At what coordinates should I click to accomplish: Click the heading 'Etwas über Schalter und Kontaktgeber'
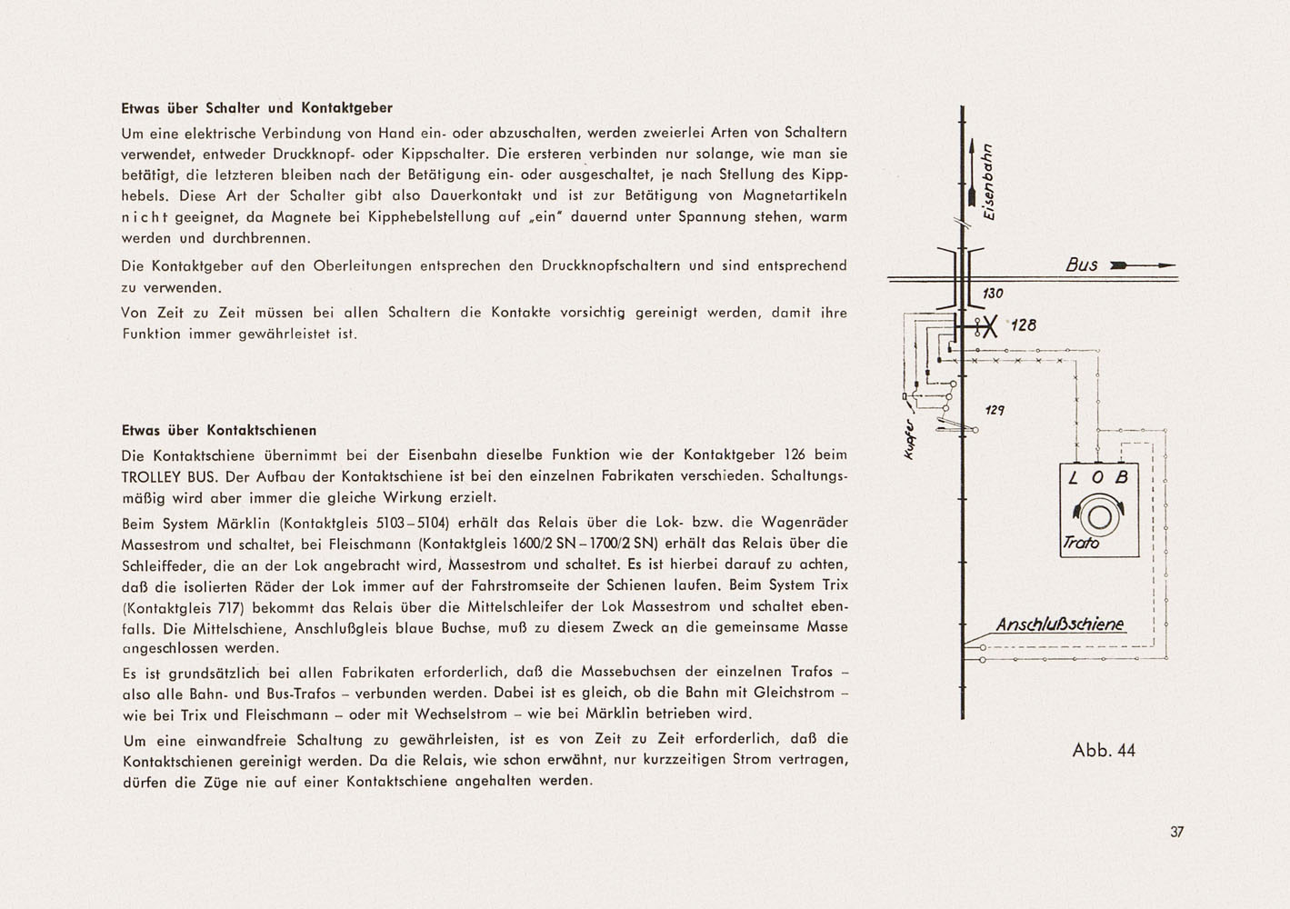256,107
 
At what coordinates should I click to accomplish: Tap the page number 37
1177,832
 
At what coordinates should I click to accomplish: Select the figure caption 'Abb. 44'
1104,751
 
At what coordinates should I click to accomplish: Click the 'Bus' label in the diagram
1081,265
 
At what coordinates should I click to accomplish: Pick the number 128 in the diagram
1024,325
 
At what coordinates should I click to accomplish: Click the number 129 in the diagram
995,411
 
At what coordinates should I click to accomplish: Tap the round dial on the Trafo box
1100,516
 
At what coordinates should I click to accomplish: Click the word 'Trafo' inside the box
1081,544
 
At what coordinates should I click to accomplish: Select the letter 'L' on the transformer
1074,478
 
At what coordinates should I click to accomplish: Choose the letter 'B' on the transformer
1122,478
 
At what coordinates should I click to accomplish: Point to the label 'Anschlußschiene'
1059,625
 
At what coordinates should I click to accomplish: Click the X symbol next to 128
989,326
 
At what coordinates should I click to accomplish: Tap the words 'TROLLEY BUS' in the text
164,476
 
